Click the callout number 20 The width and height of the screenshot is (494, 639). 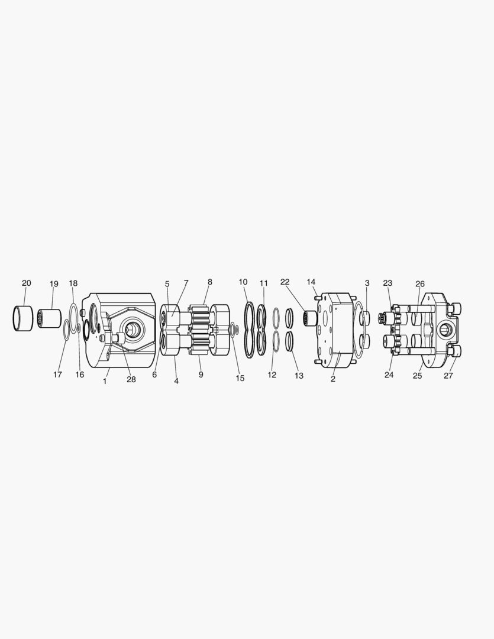26,283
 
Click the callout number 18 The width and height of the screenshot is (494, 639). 73,283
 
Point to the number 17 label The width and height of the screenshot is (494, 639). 57,375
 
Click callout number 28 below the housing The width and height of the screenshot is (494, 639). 131,379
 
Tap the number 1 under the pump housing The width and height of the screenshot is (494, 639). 105,381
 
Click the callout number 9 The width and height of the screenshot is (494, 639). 201,375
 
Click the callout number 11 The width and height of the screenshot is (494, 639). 264,283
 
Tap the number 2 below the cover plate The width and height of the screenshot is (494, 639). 333,379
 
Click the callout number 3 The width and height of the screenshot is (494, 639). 367,283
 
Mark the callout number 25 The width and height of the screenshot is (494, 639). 417,376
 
